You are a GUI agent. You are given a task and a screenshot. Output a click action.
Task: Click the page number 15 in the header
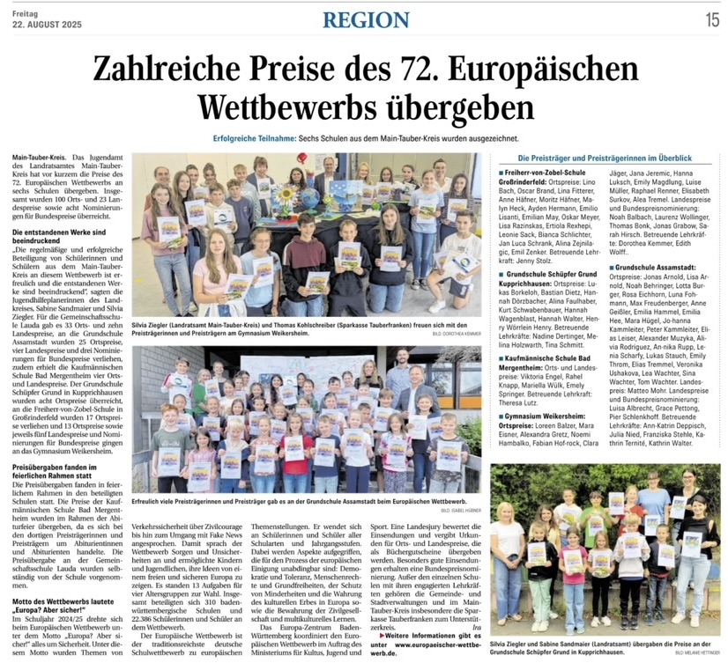(711, 18)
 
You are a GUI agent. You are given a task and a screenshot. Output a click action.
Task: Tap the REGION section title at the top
(366, 19)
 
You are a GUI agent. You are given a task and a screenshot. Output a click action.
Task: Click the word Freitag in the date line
(26, 12)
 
